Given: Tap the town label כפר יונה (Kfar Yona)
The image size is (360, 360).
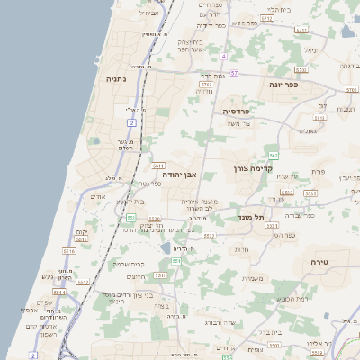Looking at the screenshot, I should coord(283,84).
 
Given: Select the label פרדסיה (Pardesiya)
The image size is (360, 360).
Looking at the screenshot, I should coord(239,111).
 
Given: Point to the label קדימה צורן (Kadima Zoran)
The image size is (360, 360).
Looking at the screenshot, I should coord(252,168).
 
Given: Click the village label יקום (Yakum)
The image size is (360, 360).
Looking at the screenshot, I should coord(81,232).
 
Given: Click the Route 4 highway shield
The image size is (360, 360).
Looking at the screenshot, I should coord(223,57).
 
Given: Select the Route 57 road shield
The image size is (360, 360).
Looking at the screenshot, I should coord(235,73).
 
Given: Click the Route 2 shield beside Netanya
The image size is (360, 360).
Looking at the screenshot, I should coord(132,122).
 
